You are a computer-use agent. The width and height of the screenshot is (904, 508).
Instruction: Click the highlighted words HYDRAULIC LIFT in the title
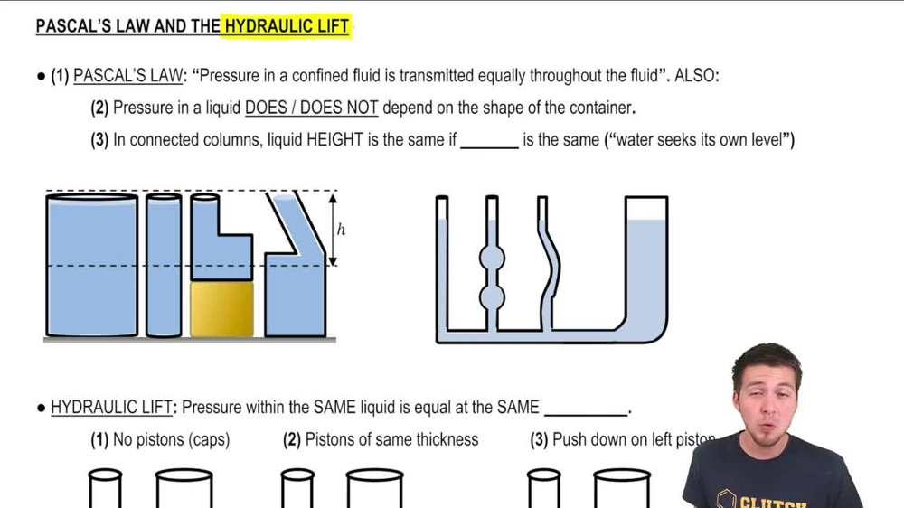coord(287,26)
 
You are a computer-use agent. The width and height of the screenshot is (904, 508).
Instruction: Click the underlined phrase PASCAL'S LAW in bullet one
coord(127,76)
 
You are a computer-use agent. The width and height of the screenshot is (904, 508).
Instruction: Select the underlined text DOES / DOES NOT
coord(311,108)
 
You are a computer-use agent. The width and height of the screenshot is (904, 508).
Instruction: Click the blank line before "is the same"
coord(489,142)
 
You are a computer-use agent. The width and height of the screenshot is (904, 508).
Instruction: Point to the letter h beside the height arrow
coord(341,230)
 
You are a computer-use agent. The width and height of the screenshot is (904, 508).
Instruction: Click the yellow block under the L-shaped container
coord(221,309)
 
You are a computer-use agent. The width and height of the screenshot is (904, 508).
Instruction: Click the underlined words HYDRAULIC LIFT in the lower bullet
coord(111,408)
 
